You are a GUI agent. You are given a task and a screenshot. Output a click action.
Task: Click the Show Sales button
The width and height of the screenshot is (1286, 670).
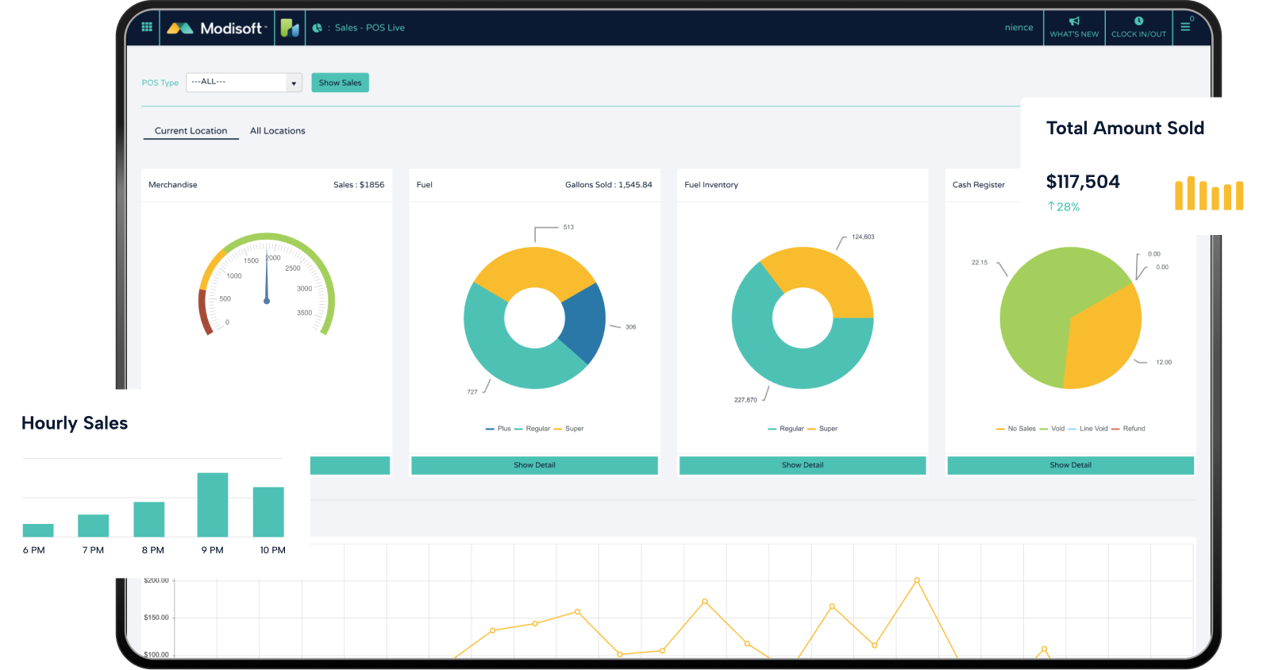[x=340, y=83]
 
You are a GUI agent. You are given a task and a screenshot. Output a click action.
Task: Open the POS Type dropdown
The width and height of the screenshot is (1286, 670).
[x=244, y=83]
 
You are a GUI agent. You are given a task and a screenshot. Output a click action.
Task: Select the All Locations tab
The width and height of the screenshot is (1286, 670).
[x=277, y=131]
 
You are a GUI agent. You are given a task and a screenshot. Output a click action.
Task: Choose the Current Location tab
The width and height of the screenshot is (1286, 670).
[x=191, y=131]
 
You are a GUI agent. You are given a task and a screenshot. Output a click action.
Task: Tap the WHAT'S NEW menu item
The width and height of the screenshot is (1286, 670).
[x=1074, y=28]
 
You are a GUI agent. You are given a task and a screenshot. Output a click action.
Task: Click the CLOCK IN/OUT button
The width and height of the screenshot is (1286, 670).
[x=1138, y=28]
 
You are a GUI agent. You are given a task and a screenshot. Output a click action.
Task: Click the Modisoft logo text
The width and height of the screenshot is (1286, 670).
[x=230, y=29]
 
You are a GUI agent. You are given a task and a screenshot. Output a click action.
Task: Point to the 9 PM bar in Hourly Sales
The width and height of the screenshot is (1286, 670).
[x=213, y=505]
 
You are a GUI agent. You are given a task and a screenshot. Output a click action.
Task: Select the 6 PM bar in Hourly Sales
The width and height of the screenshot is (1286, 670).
[x=38, y=530]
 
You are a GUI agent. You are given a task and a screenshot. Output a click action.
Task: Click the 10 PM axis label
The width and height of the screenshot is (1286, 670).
[x=272, y=550]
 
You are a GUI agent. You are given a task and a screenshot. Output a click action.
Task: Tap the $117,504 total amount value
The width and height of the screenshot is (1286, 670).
[x=1083, y=182]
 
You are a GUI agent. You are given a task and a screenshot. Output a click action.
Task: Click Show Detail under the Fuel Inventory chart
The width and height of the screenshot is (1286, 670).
[x=803, y=465]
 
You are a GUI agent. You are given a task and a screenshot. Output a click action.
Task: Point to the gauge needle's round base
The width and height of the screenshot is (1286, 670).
[x=267, y=301]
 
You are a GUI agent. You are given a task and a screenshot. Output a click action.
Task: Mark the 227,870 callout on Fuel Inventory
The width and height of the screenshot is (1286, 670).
[x=745, y=400]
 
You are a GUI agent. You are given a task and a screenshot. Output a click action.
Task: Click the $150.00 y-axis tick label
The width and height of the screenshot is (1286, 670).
[x=156, y=618]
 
